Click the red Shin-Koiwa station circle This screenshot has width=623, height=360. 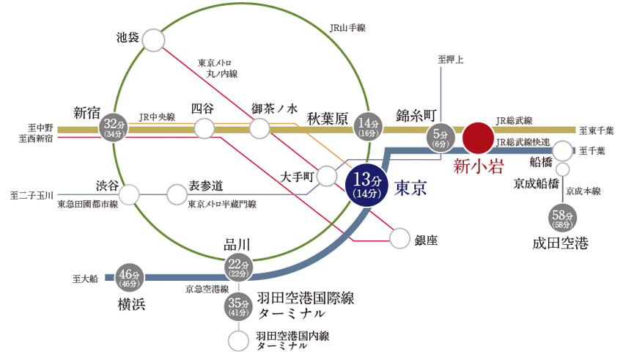tap(479, 138)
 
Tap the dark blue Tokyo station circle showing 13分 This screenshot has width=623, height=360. tap(366, 185)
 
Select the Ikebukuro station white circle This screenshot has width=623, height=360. tap(153, 40)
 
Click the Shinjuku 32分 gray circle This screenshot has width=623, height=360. tap(114, 128)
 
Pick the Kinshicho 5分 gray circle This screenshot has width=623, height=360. tap(440, 139)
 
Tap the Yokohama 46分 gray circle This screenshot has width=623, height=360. tap(129, 277)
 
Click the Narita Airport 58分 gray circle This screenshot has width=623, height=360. tap(562, 218)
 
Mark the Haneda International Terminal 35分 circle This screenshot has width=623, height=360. tap(238, 306)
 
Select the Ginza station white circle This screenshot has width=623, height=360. tap(399, 239)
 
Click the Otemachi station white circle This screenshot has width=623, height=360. tap(327, 176)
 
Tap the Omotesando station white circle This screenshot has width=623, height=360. tap(177, 194)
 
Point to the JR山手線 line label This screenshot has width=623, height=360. tap(347, 28)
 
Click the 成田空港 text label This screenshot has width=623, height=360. tap(560, 243)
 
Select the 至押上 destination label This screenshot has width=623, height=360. tap(451, 59)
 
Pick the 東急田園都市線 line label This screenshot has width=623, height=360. tap(88, 205)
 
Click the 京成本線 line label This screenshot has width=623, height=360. tap(583, 191)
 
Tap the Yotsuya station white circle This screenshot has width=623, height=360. tap(204, 128)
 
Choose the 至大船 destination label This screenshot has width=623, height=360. tap(85, 279)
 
